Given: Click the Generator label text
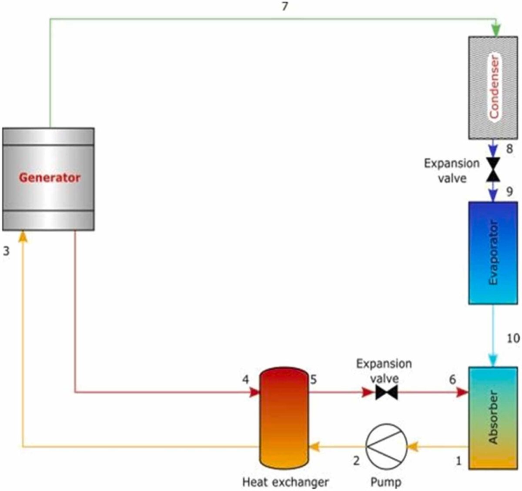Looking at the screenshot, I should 50,178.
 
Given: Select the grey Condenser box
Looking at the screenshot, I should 493,87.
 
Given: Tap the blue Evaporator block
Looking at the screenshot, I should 493,253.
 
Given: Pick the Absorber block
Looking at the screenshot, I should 493,418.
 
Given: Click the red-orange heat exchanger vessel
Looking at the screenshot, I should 284,417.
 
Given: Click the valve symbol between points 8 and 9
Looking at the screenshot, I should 493,169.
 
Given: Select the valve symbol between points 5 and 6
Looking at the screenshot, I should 386,393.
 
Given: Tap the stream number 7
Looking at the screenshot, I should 284,7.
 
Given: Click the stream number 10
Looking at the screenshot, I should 513,338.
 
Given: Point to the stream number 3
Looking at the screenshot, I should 6,251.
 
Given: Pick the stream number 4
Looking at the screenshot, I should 246,380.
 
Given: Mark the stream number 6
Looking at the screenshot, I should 452,380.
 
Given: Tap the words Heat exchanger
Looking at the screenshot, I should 285,482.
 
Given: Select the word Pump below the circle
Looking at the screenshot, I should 386,482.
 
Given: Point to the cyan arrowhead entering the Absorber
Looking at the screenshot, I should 493,361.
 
